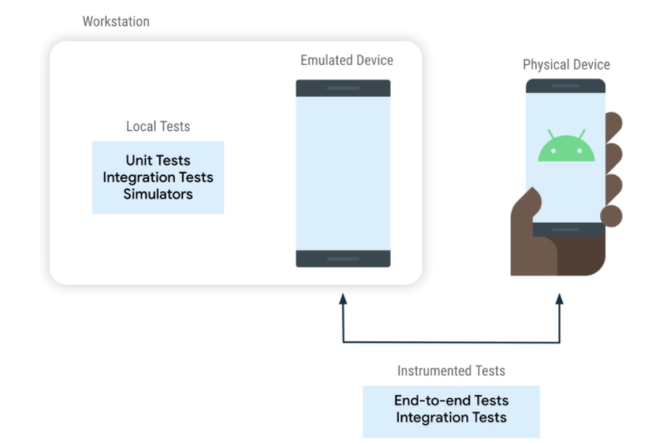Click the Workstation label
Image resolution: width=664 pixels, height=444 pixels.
click(115, 21)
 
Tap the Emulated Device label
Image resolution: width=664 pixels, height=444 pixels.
click(346, 60)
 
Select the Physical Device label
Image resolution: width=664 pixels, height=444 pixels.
click(567, 64)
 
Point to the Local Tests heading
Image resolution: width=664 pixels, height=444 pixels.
click(158, 126)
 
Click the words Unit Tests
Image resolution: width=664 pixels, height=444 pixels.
click(158, 160)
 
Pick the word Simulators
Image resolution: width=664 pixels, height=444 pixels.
click(158, 194)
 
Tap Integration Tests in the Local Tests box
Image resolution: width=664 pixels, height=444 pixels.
click(158, 177)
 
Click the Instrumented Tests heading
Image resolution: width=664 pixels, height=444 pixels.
click(451, 371)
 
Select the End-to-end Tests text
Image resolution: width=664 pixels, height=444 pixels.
click(451, 401)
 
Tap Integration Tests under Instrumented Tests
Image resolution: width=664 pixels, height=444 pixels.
click(451, 417)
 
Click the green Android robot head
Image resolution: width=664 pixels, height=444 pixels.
click(567, 148)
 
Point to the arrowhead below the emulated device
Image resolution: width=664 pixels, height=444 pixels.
click(343, 299)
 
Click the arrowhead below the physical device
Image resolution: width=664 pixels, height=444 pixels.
click(559, 299)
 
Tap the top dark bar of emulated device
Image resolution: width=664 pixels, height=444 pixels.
click(343, 88)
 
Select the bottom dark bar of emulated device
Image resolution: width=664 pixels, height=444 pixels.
click(343, 258)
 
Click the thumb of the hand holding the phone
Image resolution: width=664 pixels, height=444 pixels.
click(527, 203)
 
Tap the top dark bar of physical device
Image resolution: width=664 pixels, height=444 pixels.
click(566, 86)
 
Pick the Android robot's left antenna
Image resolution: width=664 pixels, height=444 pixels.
click(551, 134)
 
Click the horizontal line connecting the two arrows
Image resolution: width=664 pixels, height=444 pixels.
click(451, 342)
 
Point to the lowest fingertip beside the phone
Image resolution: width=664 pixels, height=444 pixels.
click(612, 216)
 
